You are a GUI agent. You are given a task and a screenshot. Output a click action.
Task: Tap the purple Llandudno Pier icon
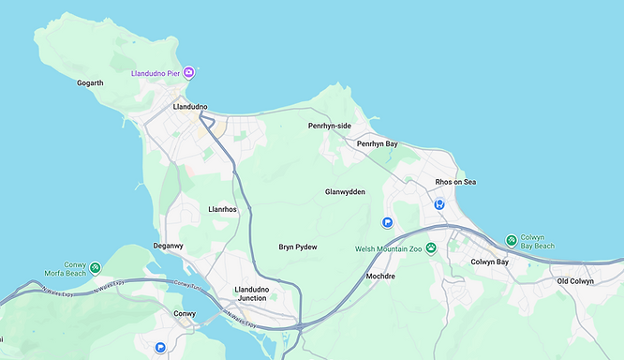(x=189, y=72)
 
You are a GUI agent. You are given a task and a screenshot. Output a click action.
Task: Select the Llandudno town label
(x=190, y=107)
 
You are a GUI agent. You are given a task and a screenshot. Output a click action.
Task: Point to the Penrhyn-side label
(x=330, y=125)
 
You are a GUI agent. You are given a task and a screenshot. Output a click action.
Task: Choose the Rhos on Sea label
(x=455, y=182)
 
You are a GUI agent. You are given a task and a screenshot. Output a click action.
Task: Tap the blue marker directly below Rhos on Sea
(x=438, y=203)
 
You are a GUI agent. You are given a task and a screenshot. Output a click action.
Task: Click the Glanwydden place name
(x=345, y=191)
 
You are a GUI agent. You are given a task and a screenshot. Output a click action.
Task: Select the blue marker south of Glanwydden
(x=387, y=222)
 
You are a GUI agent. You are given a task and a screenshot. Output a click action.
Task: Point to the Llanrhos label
(x=222, y=210)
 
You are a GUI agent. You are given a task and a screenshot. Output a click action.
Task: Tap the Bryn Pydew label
(x=298, y=247)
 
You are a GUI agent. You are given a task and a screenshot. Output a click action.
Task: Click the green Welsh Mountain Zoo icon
(x=431, y=248)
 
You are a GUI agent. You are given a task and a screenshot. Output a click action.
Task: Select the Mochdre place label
(x=381, y=277)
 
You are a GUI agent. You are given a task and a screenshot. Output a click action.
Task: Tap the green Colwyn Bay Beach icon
(x=511, y=241)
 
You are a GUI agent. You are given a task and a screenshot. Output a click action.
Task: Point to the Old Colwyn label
(x=575, y=281)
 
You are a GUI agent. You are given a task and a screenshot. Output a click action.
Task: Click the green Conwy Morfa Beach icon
(x=96, y=268)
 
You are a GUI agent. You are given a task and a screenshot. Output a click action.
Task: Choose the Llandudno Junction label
(x=251, y=293)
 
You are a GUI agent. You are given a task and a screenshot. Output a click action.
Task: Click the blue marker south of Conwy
(x=161, y=347)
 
